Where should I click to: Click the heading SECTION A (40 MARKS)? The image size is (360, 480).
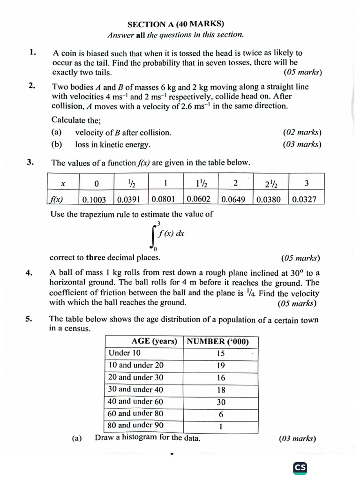176,24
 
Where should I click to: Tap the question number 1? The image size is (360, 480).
32,52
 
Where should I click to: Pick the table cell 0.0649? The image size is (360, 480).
235,200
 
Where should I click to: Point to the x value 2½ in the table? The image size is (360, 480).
270,183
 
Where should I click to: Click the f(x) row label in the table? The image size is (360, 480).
56,200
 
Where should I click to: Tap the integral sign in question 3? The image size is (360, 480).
154,236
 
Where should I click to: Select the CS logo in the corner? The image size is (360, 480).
300,467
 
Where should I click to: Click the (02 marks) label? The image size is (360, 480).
302,133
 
